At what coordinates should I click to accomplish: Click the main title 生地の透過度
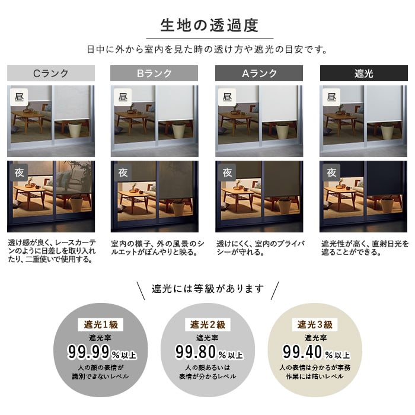tap(209, 25)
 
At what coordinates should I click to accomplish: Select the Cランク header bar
tap(51, 74)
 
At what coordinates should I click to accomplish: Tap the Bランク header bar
tap(154, 74)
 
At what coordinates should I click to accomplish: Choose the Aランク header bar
tap(259, 74)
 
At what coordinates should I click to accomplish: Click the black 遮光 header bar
tap(363, 74)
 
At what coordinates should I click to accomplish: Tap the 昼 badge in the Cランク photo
tap(19, 97)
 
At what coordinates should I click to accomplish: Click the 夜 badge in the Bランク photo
tap(123, 173)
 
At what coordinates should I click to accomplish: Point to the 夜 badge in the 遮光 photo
tap(331, 173)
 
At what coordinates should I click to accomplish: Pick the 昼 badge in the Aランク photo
tap(227, 97)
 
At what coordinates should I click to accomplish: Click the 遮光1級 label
tap(101, 324)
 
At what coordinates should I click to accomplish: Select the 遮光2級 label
tap(207, 324)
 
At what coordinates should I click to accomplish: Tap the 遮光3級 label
tap(315, 324)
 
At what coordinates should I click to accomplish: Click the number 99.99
tap(89, 352)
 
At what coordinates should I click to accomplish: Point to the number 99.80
tap(196, 352)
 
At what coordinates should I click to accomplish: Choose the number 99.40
tap(303, 352)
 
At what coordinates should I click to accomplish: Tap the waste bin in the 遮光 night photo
tap(387, 205)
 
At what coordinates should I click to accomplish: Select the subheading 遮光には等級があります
tap(207, 289)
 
